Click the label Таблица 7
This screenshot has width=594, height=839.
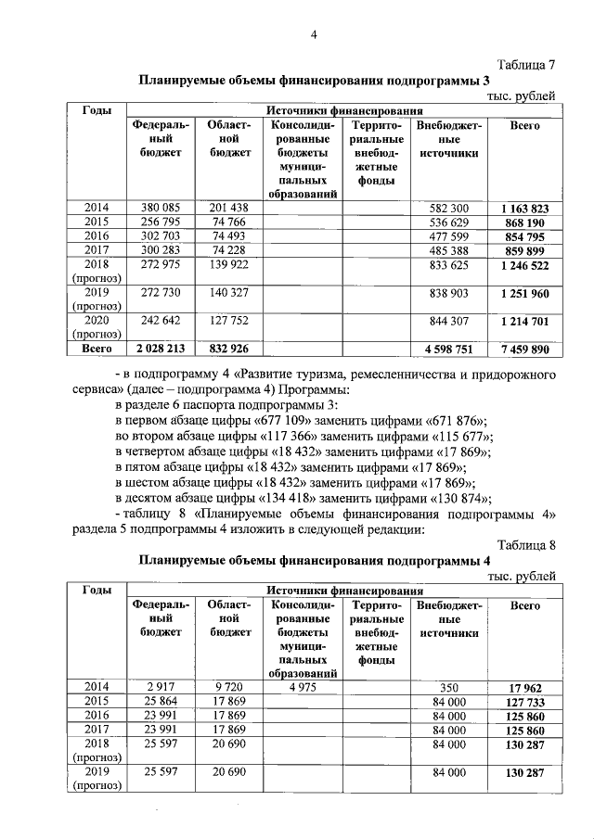coord(526,65)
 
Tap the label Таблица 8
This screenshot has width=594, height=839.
coord(526,544)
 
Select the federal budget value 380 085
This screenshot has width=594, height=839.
coord(160,208)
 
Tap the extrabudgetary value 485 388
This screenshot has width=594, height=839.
coord(449,252)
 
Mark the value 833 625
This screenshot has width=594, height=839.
coord(449,266)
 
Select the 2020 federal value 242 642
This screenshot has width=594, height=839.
coord(160,323)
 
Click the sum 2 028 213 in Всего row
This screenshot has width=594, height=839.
coord(160,350)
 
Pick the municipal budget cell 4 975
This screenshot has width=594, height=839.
coord(302,687)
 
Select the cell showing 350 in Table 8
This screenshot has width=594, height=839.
coord(449,687)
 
